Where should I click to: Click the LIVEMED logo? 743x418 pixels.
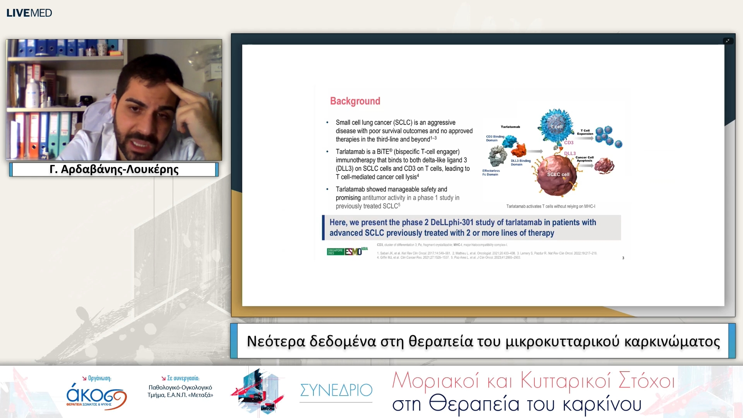point(29,13)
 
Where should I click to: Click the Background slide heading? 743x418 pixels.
point(355,101)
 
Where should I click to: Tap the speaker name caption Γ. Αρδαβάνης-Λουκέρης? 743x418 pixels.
point(114,170)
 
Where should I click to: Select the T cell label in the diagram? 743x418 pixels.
point(556,127)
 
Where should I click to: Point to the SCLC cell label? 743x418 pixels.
point(558,175)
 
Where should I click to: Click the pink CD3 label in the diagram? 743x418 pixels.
point(568,143)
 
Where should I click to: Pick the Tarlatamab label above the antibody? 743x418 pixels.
point(510,127)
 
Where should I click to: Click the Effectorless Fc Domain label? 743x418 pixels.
point(491,173)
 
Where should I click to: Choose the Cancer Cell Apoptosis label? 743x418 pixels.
point(584,159)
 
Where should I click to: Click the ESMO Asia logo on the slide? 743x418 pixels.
point(347,251)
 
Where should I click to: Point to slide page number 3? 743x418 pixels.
point(623,258)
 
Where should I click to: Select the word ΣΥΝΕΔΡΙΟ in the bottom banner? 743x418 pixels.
point(336,390)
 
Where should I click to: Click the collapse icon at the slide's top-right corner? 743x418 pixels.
point(728,41)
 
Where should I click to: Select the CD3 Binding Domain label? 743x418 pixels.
point(495,138)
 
